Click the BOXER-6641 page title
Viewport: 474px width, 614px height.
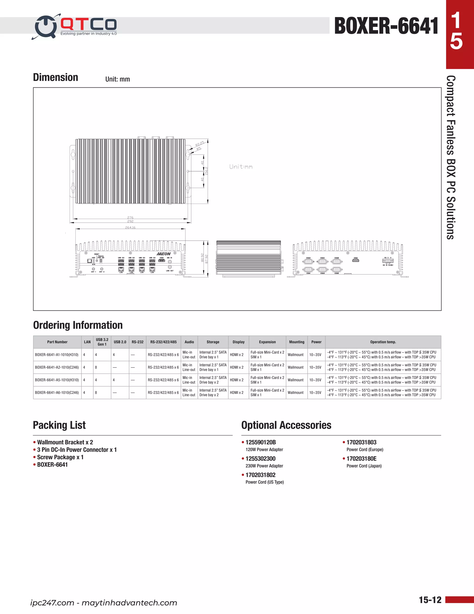(386, 26)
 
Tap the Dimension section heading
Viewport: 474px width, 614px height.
(56, 77)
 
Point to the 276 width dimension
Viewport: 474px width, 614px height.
(130, 217)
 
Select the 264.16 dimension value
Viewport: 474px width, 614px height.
(130, 228)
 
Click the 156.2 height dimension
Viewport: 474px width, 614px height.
(207, 171)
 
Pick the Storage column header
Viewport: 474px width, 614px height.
(213, 342)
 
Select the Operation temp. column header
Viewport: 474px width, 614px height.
(383, 342)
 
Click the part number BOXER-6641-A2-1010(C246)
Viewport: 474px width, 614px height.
(57, 367)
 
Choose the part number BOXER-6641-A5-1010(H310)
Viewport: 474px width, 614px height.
(57, 380)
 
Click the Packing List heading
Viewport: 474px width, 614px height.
(59, 425)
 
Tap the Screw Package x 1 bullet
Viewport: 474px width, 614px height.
(60, 457)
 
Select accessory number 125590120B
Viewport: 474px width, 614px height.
(261, 442)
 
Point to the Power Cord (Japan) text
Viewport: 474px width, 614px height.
(364, 466)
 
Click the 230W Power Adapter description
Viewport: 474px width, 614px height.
(264, 466)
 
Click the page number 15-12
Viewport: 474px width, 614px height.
(430, 600)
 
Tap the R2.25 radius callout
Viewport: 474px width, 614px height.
(200, 144)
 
